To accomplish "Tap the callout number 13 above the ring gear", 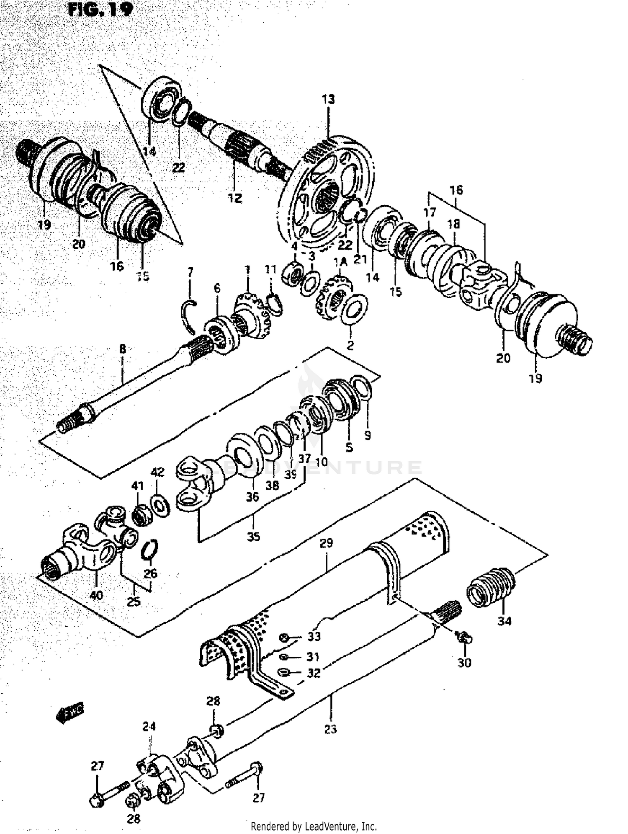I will (328, 100).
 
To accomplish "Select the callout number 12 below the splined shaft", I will (235, 198).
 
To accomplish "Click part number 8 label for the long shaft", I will (122, 349).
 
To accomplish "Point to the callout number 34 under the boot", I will (504, 621).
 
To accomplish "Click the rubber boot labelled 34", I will (490, 587).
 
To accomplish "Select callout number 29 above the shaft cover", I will (326, 543).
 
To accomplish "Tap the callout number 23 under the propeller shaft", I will (330, 729).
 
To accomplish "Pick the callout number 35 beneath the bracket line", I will (253, 537).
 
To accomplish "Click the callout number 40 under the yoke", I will (96, 595).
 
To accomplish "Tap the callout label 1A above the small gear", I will (340, 262).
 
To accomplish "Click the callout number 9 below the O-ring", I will (367, 436).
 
